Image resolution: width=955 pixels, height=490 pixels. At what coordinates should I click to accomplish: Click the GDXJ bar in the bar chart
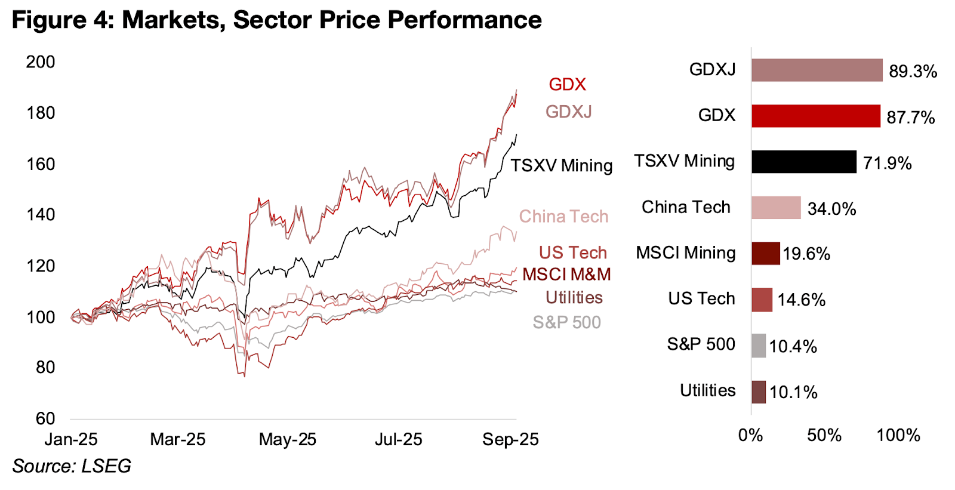click(x=817, y=70)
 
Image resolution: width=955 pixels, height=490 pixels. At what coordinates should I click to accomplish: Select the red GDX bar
click(x=815, y=116)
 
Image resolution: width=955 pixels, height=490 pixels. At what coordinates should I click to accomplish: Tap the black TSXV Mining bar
click(x=803, y=162)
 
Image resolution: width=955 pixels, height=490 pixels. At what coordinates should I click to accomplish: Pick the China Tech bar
click(x=776, y=208)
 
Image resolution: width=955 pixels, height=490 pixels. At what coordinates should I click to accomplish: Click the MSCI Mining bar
click(x=765, y=254)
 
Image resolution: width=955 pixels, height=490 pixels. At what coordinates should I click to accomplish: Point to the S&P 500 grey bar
click(x=758, y=346)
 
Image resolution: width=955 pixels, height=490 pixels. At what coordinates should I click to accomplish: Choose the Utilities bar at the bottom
click(x=758, y=392)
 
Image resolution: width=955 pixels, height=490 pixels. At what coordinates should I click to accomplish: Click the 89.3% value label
click(x=913, y=72)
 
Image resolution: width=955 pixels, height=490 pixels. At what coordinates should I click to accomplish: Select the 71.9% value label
click(x=888, y=164)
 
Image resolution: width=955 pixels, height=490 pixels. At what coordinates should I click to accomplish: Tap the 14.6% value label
click(x=801, y=300)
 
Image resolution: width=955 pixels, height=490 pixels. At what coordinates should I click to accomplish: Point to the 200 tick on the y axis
click(x=41, y=62)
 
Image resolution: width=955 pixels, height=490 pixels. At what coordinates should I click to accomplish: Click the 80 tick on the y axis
click(x=45, y=368)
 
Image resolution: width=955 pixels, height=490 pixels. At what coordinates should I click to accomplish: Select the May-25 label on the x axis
click(x=287, y=440)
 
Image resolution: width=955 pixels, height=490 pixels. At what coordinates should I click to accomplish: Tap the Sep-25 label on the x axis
click(x=510, y=440)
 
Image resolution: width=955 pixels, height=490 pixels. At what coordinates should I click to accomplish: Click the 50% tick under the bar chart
click(x=824, y=436)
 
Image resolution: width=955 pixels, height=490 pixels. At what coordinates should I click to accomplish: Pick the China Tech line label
click(x=563, y=216)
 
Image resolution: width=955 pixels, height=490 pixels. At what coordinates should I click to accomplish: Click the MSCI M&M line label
click(x=566, y=275)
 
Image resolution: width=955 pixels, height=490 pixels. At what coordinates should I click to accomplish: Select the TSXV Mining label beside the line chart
click(x=561, y=165)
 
